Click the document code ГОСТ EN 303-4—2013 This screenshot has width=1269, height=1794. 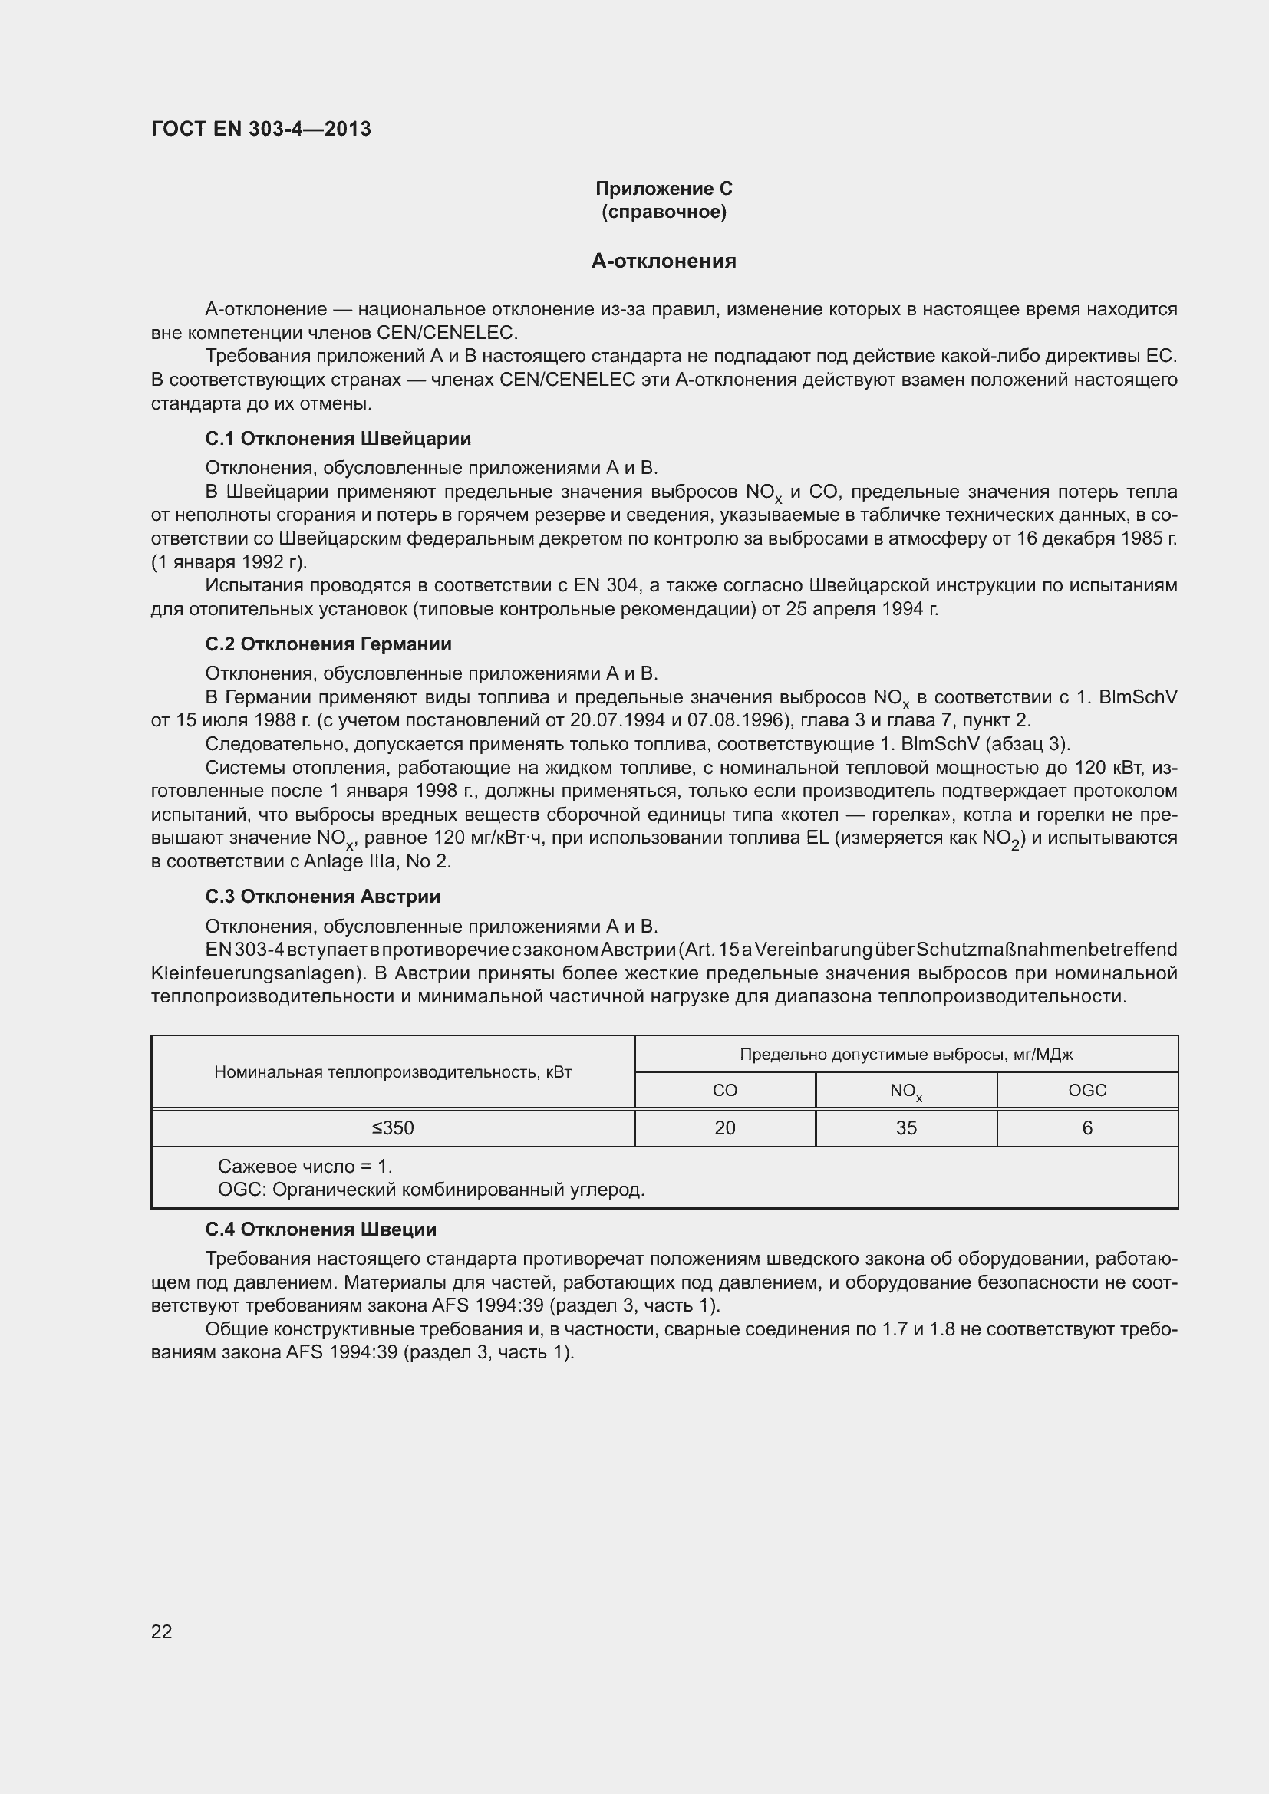point(261,129)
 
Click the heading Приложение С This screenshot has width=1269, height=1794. point(664,189)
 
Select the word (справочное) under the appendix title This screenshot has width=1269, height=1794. point(664,212)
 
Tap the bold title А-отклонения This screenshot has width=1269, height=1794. point(664,261)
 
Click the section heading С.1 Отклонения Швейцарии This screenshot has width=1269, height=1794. point(338,439)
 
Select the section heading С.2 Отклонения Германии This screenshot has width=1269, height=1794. point(328,644)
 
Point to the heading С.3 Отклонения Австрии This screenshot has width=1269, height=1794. point(323,896)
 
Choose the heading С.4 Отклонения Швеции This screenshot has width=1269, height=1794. point(321,1229)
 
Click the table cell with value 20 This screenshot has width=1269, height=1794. point(724,1127)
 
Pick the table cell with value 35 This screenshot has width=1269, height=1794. point(905,1127)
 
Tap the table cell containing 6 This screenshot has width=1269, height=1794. point(1087,1127)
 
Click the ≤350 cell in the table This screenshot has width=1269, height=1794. point(392,1127)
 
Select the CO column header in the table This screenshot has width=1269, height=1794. point(724,1090)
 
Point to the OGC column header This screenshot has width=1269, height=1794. point(1087,1090)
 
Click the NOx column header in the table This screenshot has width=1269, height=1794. point(905,1091)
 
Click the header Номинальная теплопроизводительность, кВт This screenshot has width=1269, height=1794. point(392,1072)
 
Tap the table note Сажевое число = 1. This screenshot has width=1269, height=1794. point(305,1167)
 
